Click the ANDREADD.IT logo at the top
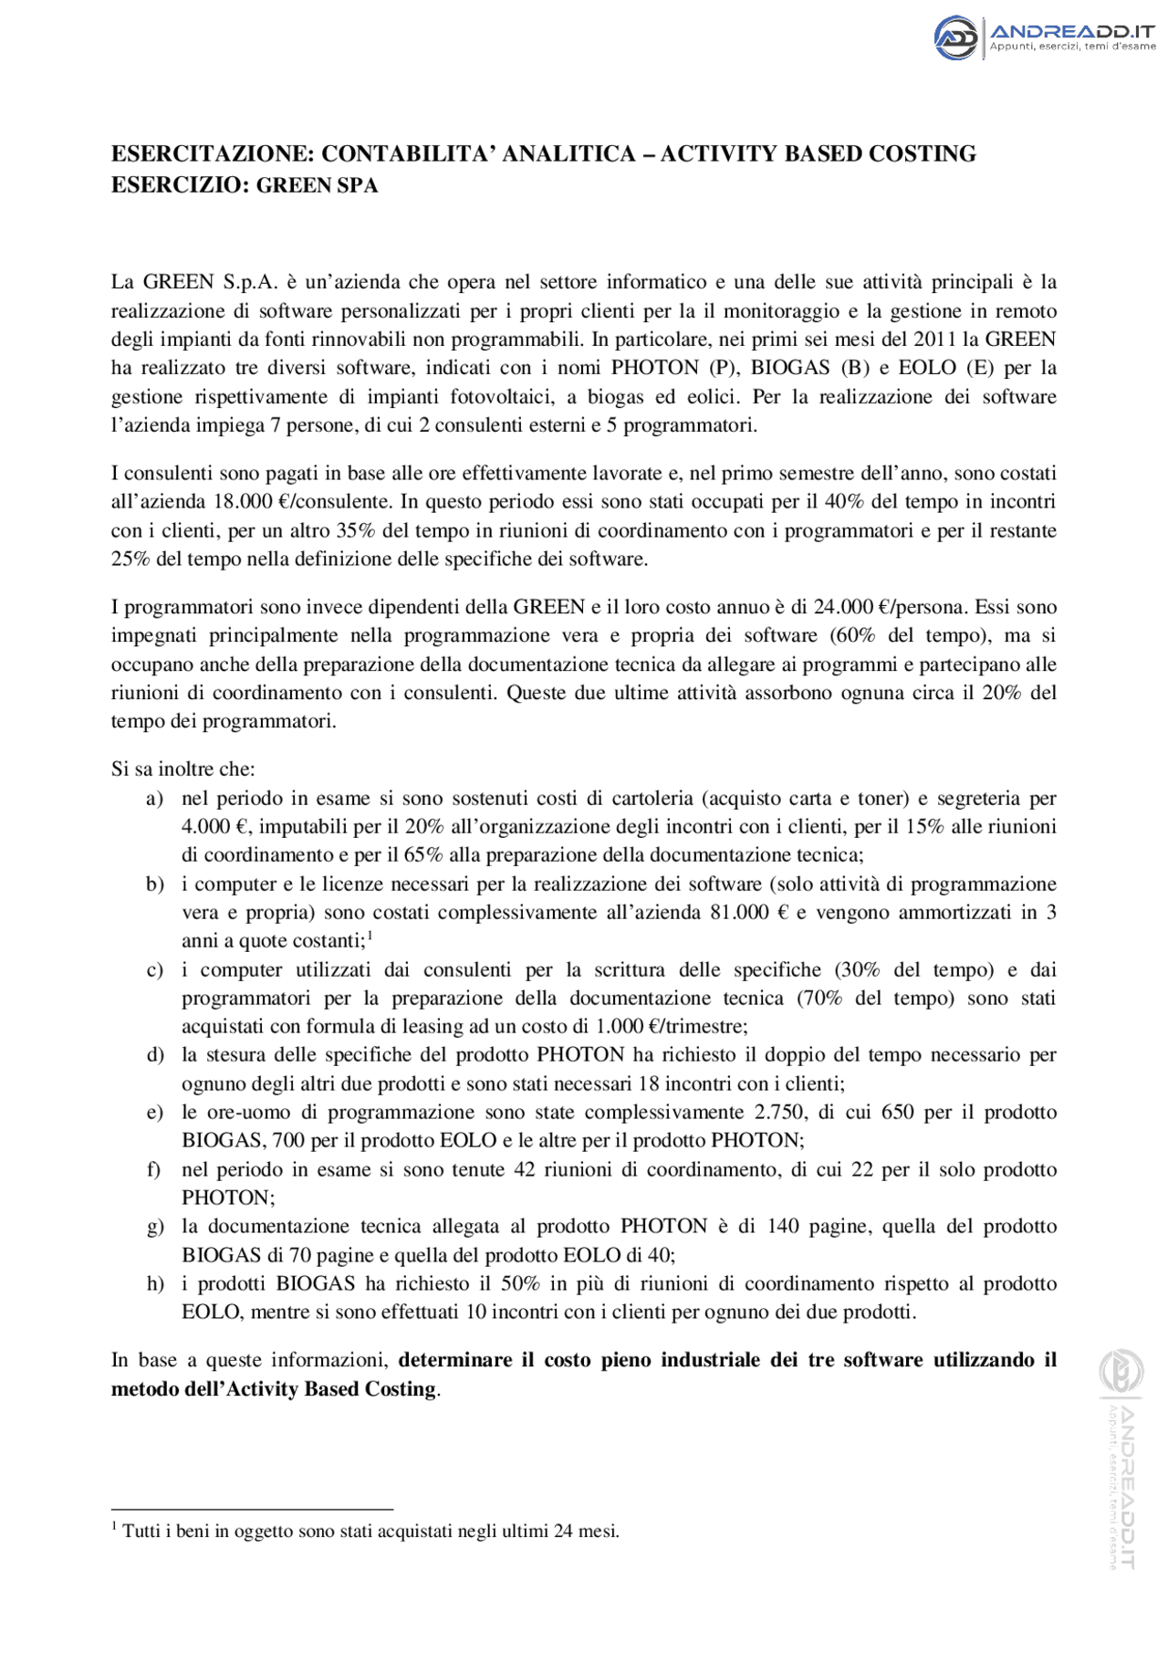tap(1044, 37)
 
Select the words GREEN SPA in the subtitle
tap(317, 185)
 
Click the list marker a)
tap(155, 799)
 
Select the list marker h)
tap(155, 1284)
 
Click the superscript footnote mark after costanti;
tap(370, 936)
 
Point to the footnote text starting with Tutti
tap(370, 1532)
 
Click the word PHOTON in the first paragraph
tap(654, 368)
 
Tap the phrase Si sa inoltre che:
tap(183, 769)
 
